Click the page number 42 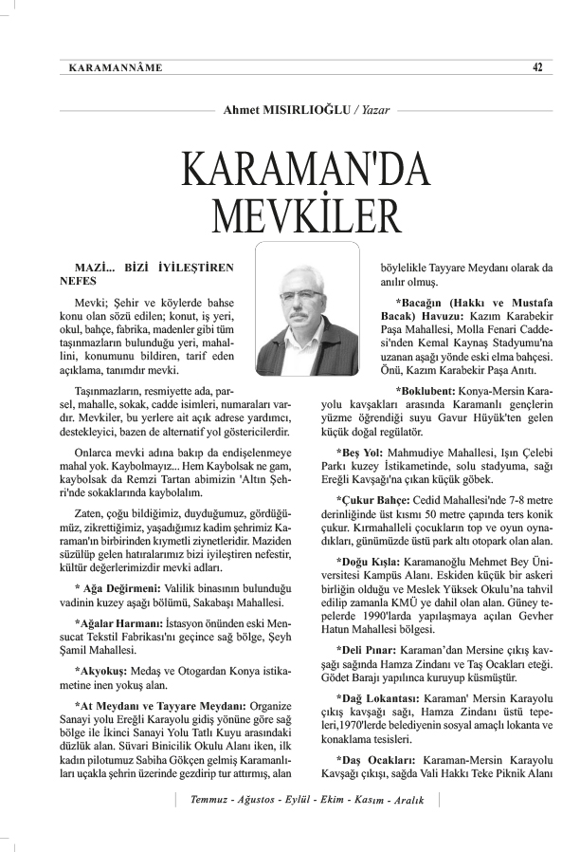pyautogui.click(x=536, y=66)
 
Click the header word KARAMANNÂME pyautogui.click(x=117, y=67)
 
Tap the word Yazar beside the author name pyautogui.click(x=373, y=110)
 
